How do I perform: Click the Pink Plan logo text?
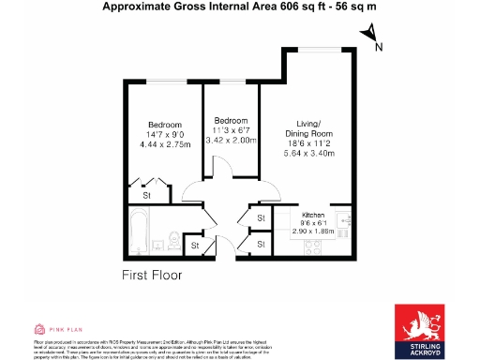tap(59, 329)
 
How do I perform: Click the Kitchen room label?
tap(312, 215)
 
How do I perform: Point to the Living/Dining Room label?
tap(314, 128)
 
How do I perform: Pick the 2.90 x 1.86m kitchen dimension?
tap(312, 231)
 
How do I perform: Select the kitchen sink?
tap(345, 222)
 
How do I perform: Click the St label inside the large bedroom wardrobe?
tap(147, 196)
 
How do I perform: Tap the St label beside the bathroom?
tap(195, 246)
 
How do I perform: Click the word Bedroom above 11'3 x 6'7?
tap(230, 121)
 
